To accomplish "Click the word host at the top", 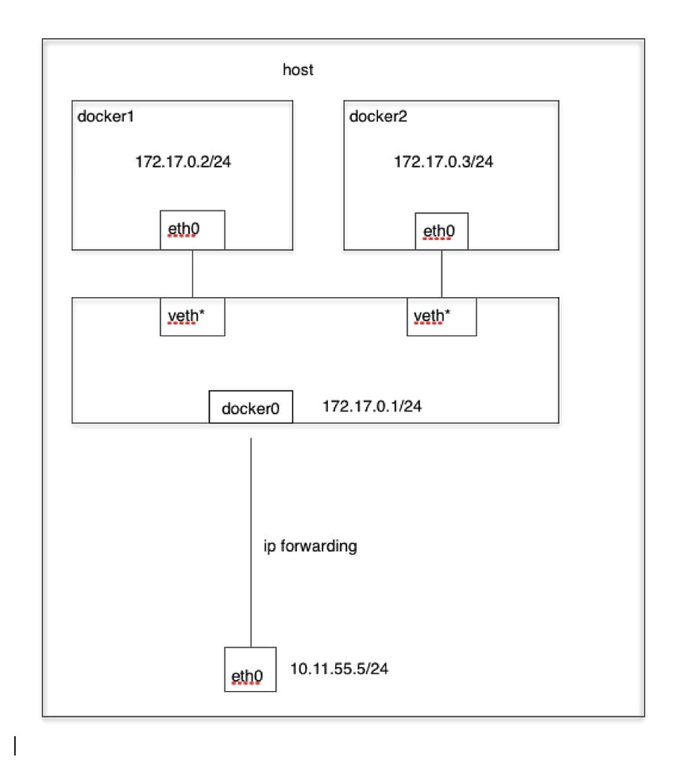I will click(298, 70).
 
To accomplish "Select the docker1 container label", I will click(103, 116).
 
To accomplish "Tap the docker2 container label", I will click(376, 116).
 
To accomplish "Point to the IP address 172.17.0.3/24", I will click(444, 162).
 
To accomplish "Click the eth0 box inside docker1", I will click(192, 230).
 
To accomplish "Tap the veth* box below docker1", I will click(192, 317).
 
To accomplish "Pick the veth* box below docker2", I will click(442, 317).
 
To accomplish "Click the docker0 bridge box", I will click(250, 407).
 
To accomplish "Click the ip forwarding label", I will click(310, 546).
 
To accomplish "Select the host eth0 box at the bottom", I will click(250, 670).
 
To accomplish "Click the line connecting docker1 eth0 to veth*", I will click(192, 274).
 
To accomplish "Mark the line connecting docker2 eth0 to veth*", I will click(442, 274).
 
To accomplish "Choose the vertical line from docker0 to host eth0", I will click(251, 540).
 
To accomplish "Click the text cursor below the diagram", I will click(16, 746).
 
